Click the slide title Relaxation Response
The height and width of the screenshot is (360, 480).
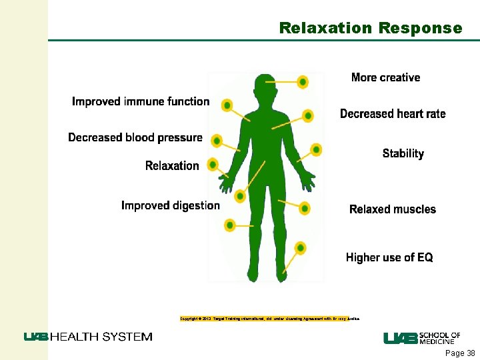point(370,28)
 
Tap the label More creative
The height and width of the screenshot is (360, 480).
point(385,77)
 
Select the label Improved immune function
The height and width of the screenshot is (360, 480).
point(141,101)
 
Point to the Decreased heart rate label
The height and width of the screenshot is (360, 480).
point(393,114)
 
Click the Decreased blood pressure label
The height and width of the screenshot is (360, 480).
point(135,137)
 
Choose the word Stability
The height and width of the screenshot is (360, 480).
point(403,153)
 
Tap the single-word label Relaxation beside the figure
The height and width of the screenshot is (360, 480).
point(172,165)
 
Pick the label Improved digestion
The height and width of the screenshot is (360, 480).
point(170,205)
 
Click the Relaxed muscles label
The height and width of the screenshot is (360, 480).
point(392,209)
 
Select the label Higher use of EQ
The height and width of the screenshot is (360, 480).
point(389,257)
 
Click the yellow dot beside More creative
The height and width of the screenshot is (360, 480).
point(303,82)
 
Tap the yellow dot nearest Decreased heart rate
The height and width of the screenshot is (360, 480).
point(307,115)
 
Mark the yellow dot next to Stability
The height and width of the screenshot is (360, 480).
point(316,149)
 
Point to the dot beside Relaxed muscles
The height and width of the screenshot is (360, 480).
point(304,209)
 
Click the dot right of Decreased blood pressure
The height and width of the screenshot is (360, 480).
point(216,140)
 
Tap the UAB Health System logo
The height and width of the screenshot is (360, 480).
point(88,337)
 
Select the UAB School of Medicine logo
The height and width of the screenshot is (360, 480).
point(421,338)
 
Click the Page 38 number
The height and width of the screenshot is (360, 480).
point(460,353)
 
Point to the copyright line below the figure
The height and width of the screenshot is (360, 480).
point(269,319)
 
